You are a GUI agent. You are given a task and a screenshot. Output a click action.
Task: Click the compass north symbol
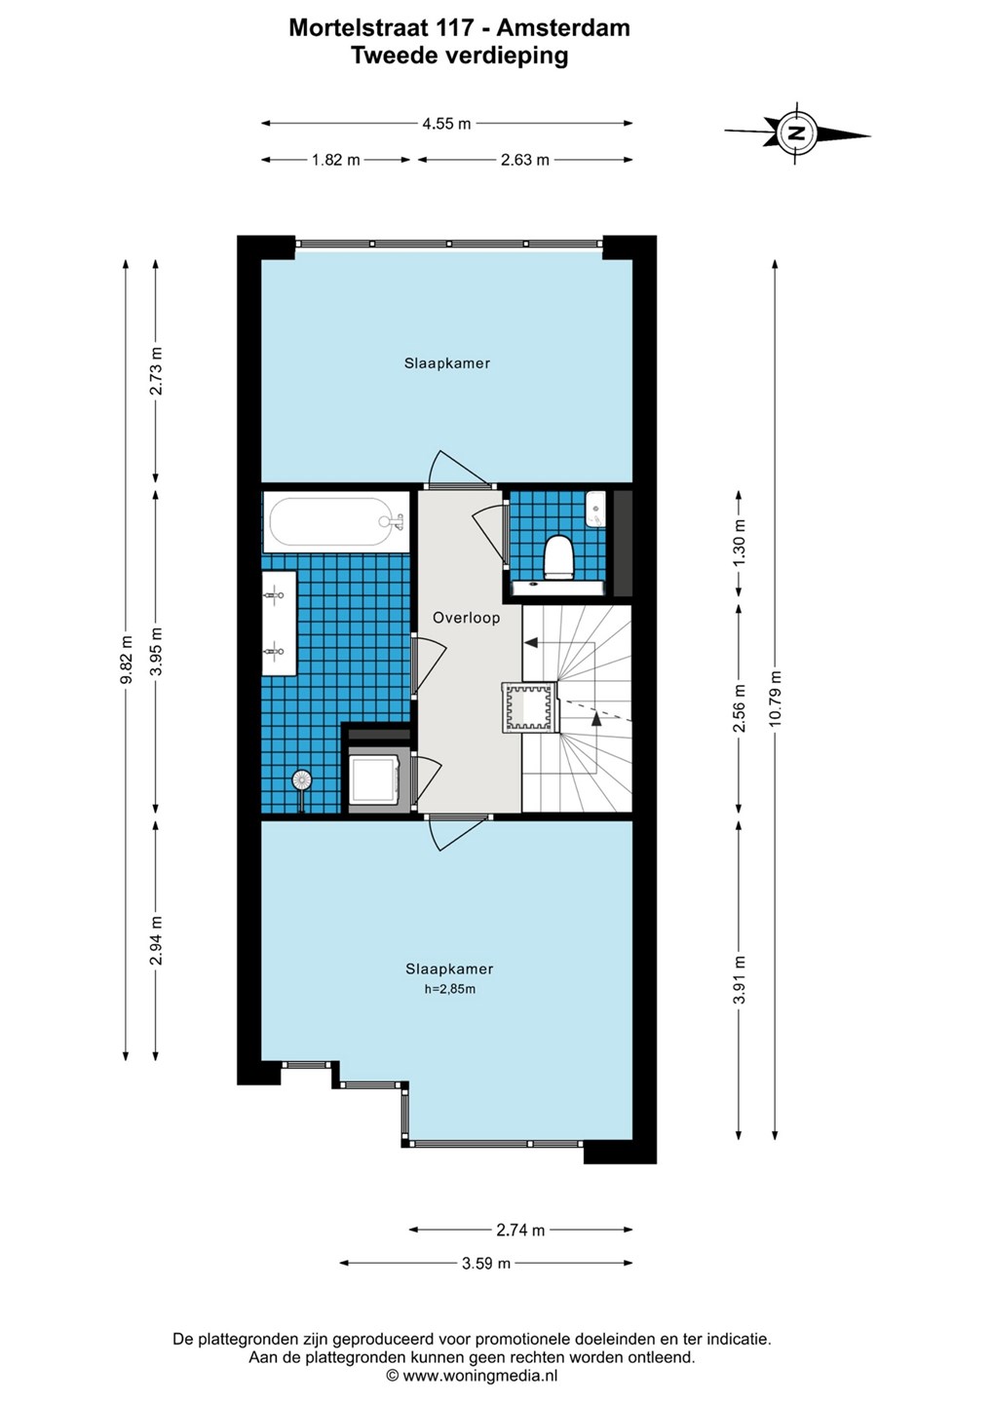(x=796, y=133)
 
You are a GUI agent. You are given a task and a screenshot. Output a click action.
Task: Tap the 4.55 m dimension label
(x=446, y=124)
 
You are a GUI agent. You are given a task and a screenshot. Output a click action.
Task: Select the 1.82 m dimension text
(x=336, y=160)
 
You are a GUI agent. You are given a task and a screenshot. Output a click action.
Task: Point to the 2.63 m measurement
(x=525, y=160)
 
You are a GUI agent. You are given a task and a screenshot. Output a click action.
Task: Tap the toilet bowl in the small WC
(x=559, y=556)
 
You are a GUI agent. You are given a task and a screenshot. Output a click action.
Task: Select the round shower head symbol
(x=302, y=780)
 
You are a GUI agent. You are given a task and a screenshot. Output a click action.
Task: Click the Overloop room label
(x=467, y=618)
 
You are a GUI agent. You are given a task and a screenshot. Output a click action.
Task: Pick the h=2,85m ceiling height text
(x=449, y=989)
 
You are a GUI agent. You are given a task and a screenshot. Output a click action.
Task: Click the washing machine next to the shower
(x=374, y=779)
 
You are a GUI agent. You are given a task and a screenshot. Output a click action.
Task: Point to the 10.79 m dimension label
(x=776, y=698)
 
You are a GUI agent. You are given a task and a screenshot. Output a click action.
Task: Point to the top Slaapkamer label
(x=446, y=363)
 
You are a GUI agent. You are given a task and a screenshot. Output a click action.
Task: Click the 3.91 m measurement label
(x=740, y=979)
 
